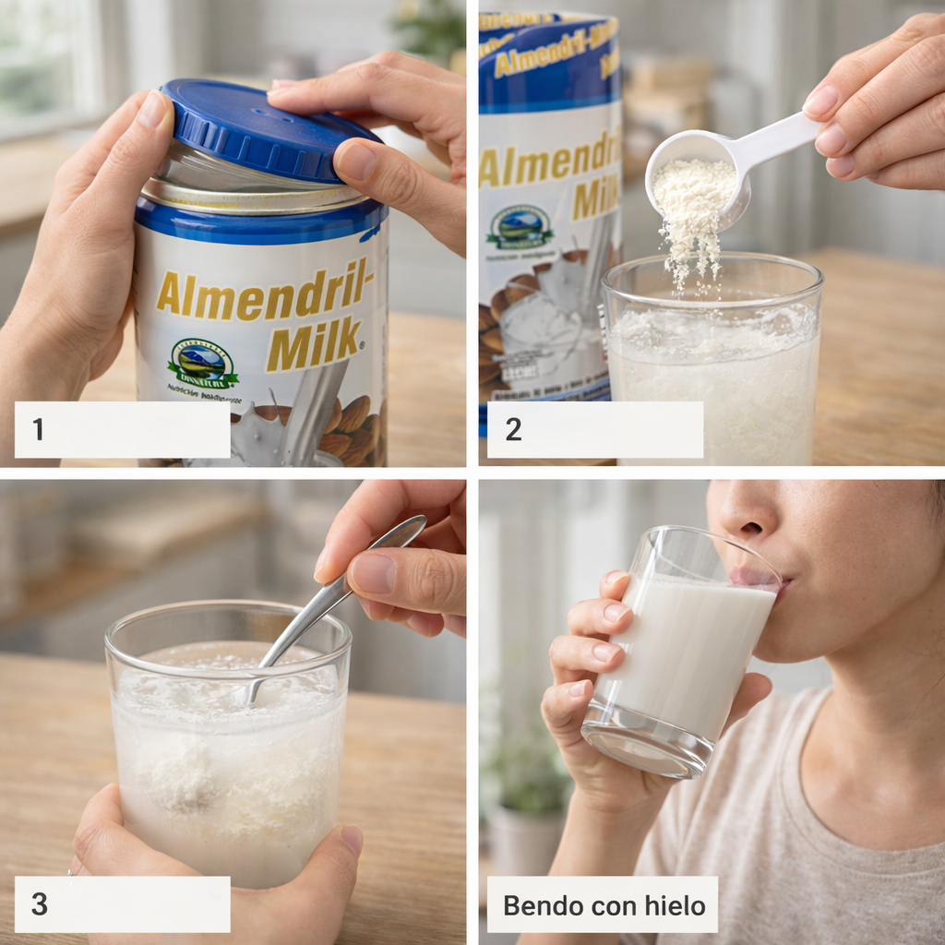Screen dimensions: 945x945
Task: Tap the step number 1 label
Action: (x=38, y=429)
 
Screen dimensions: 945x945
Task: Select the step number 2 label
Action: (x=513, y=429)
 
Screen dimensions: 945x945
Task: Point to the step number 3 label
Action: (x=39, y=903)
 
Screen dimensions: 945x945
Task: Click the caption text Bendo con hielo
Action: (x=604, y=903)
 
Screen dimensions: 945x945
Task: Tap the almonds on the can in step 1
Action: (x=346, y=425)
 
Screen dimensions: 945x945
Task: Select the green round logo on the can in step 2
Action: (x=521, y=227)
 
